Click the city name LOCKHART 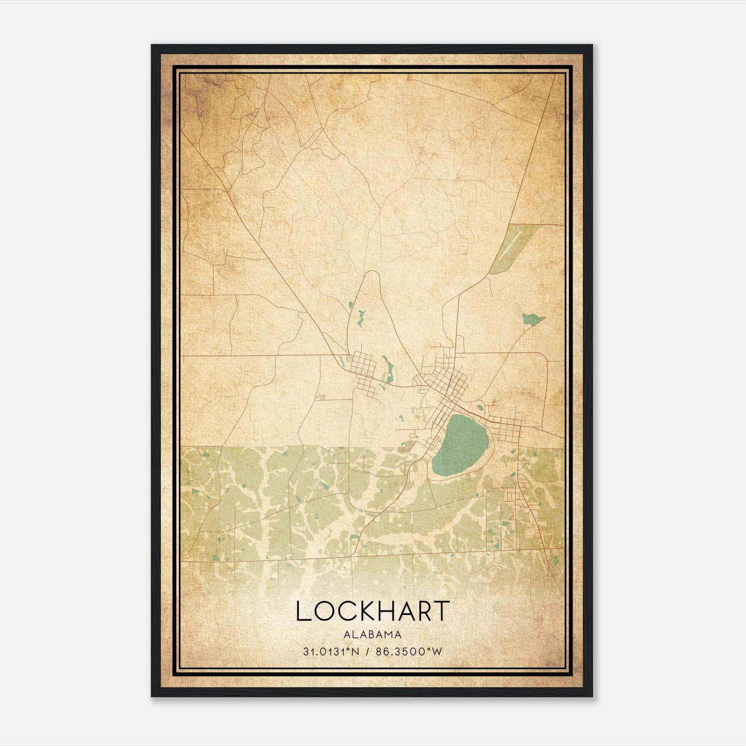pos(373,611)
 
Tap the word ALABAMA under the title pos(373,635)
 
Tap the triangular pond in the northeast pos(532,319)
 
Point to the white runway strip pos(512,246)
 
